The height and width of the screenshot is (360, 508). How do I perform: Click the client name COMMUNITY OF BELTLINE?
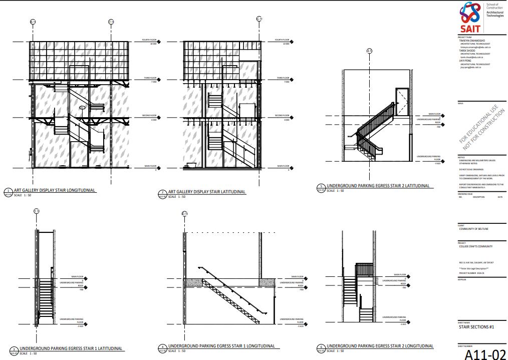point(473,229)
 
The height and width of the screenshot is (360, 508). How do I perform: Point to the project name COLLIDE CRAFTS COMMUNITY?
point(475,246)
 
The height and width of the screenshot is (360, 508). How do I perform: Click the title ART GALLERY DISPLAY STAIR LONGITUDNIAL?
point(55,191)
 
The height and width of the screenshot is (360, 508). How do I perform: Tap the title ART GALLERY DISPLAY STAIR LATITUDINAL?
point(207,192)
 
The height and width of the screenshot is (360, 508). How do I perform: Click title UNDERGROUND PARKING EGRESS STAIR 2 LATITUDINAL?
point(378,186)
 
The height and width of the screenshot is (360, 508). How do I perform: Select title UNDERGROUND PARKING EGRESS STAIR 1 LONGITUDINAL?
point(221,346)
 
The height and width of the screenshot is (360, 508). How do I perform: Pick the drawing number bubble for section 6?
point(321,348)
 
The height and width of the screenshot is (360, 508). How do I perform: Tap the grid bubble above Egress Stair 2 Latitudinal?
point(369,51)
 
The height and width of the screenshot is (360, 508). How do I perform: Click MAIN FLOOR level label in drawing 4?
point(297,276)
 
